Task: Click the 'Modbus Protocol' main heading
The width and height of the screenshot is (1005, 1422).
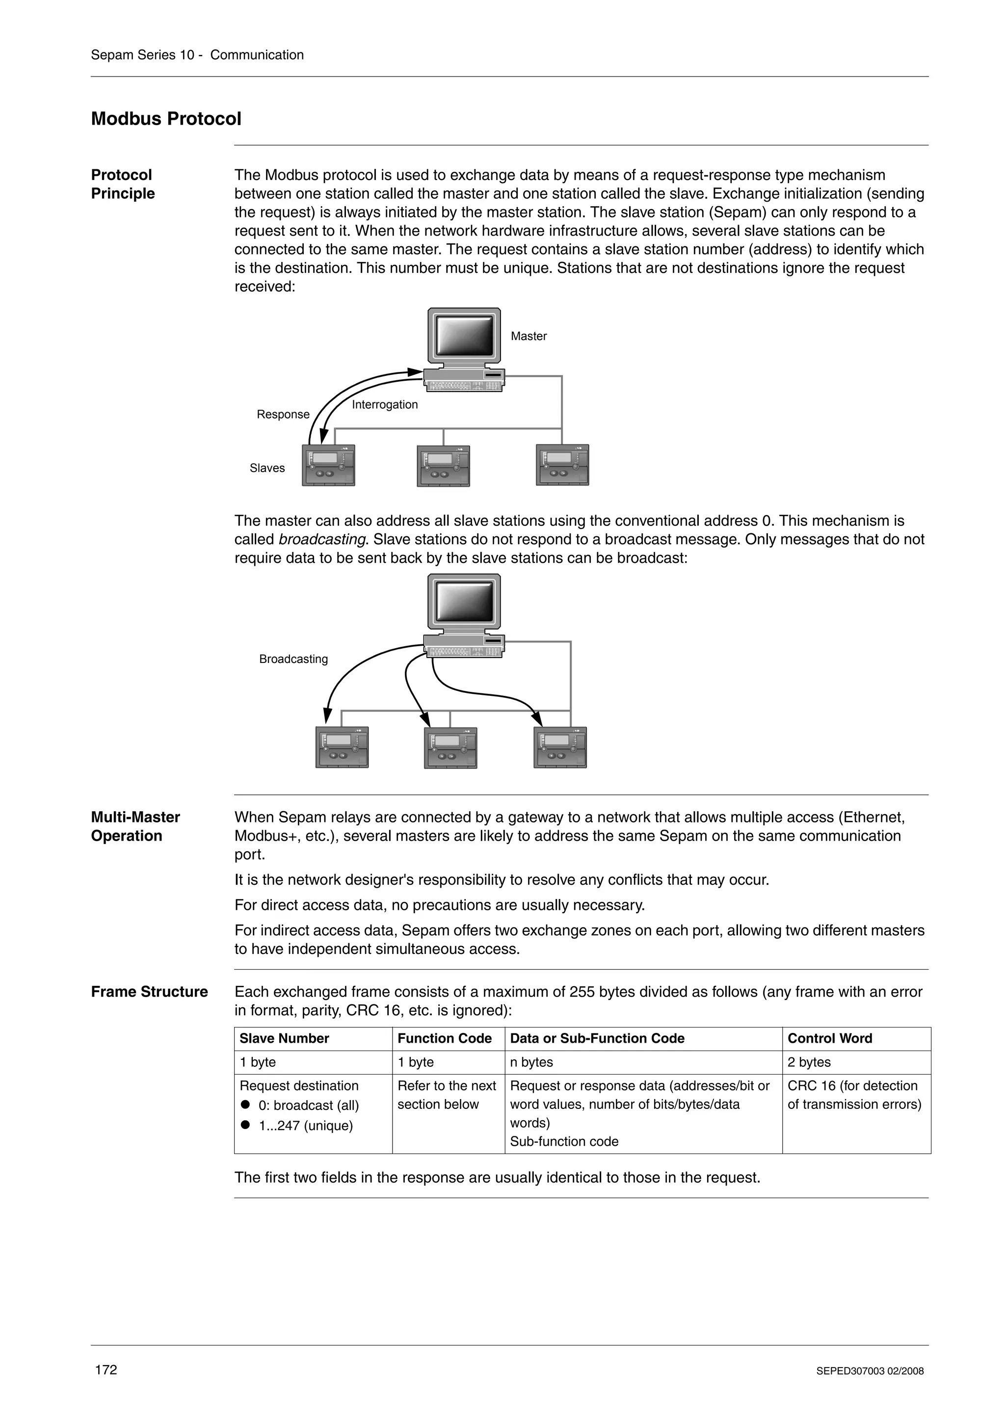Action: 166,119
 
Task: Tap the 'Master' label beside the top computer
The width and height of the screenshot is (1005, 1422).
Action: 528,336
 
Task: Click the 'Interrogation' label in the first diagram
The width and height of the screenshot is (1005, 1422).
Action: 385,404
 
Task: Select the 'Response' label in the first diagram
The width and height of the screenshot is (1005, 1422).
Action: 283,414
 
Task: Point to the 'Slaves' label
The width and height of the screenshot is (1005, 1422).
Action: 267,468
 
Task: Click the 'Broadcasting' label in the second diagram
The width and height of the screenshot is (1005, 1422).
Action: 293,659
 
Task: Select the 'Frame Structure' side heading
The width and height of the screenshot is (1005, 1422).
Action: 149,992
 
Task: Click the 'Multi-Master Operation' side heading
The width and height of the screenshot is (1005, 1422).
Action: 135,826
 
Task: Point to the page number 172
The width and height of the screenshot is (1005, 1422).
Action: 106,1369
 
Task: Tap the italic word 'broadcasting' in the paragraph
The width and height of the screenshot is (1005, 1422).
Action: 321,539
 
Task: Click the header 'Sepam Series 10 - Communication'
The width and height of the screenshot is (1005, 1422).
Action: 197,55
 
